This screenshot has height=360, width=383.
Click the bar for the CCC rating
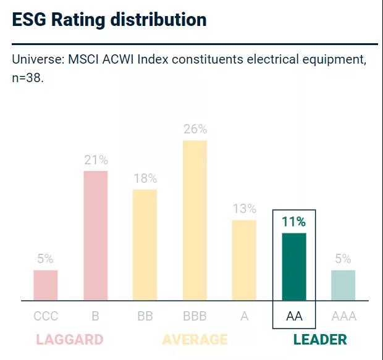[x=46, y=285]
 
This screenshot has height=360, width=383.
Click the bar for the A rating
[x=244, y=260]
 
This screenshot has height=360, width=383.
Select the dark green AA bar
[x=294, y=267]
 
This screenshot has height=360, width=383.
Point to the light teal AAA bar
[x=343, y=285]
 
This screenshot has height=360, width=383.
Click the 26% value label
[x=195, y=130]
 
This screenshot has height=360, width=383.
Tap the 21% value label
[x=96, y=160]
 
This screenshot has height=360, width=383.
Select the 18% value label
[x=145, y=178]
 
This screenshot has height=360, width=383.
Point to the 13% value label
[x=244, y=209]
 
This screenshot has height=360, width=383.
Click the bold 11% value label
[x=294, y=222]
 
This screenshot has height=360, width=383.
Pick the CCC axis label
[x=46, y=316]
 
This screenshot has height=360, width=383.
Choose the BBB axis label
[x=195, y=316]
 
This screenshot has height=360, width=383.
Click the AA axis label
[x=294, y=316]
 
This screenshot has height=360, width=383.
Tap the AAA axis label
[x=343, y=316]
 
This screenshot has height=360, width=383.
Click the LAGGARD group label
[x=69, y=339]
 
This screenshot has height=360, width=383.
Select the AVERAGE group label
[x=195, y=339]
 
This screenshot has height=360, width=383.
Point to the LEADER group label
[x=320, y=339]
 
